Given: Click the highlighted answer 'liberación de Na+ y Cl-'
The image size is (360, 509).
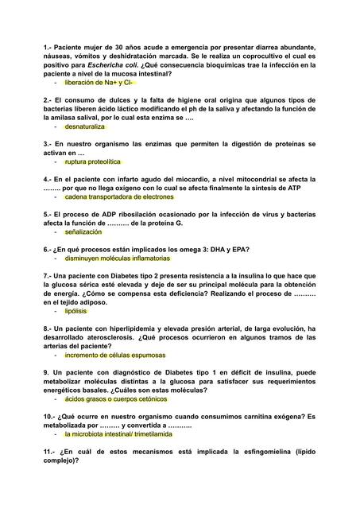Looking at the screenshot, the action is tap(99, 82).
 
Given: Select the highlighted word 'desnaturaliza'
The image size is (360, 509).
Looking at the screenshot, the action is tap(85, 126).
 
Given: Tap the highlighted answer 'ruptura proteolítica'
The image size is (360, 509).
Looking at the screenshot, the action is tap(93, 161).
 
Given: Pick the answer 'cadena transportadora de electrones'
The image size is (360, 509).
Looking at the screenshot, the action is tap(119, 196).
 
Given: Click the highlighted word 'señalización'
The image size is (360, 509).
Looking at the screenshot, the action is tap(83, 232).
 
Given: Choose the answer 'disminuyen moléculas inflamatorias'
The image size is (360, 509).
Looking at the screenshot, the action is tap(118, 258).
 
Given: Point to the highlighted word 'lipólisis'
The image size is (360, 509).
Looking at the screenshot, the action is tap(76, 311).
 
